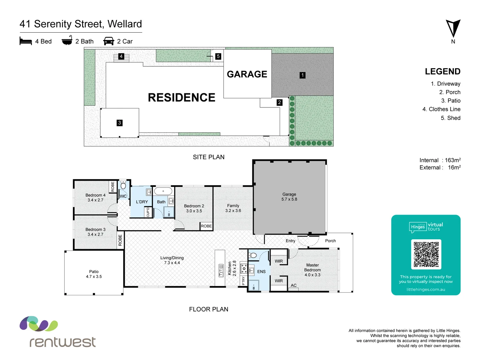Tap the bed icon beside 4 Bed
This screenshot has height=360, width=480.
tap(26, 41)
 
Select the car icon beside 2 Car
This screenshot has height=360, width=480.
tap(109, 41)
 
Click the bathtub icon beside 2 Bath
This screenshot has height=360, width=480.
tap(67, 40)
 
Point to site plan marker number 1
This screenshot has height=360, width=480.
tap(302, 75)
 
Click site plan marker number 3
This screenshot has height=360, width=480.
tap(119, 123)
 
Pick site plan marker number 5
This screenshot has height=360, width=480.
tap(218, 56)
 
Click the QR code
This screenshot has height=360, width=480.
tap(426, 254)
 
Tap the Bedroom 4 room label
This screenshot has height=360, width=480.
tap(95, 198)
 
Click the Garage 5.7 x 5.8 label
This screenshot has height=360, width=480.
tap(289, 197)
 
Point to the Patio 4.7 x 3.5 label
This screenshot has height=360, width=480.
tap(94, 274)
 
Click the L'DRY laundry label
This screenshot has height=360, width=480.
tap(142, 202)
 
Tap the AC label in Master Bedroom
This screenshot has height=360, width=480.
tap(294, 285)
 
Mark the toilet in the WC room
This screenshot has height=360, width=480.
tap(123, 186)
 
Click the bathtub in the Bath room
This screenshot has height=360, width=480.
tap(163, 191)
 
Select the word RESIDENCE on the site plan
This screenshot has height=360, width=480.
tap(181, 97)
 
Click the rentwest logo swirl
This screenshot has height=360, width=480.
tap(39, 324)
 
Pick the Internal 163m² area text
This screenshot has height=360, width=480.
tap(440, 160)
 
